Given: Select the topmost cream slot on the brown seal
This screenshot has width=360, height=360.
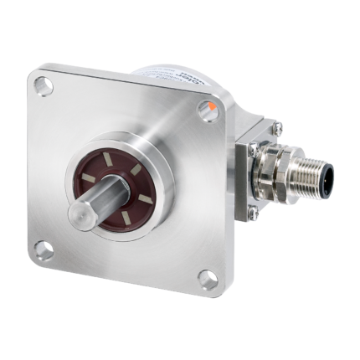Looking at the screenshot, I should pyautogui.click(x=132, y=155).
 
